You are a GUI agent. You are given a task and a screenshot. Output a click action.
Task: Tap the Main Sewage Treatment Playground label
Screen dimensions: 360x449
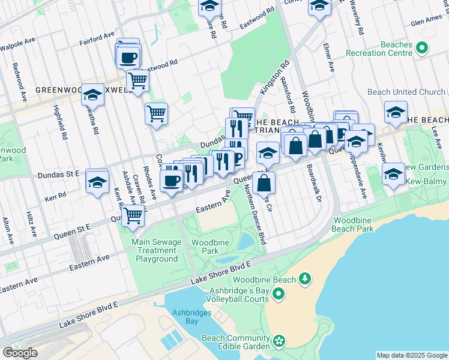pos(156,251)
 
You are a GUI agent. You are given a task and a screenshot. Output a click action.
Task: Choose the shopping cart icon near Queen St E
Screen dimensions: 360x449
pos(133,215)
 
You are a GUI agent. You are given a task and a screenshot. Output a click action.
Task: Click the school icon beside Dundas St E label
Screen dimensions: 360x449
pos(97,182)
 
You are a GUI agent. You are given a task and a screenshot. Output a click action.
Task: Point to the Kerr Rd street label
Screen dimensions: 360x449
pos(55,196)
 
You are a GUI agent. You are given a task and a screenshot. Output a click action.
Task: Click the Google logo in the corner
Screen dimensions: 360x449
pos(20,352)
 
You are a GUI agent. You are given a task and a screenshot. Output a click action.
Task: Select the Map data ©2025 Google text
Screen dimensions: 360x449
pos(412,355)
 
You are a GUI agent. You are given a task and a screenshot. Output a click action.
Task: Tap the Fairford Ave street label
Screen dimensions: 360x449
pos(97,40)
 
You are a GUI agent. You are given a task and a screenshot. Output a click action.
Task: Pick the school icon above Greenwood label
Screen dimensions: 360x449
pos(92,94)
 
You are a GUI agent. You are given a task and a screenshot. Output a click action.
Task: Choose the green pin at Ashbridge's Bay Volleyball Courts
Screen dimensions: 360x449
pos(278,293)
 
